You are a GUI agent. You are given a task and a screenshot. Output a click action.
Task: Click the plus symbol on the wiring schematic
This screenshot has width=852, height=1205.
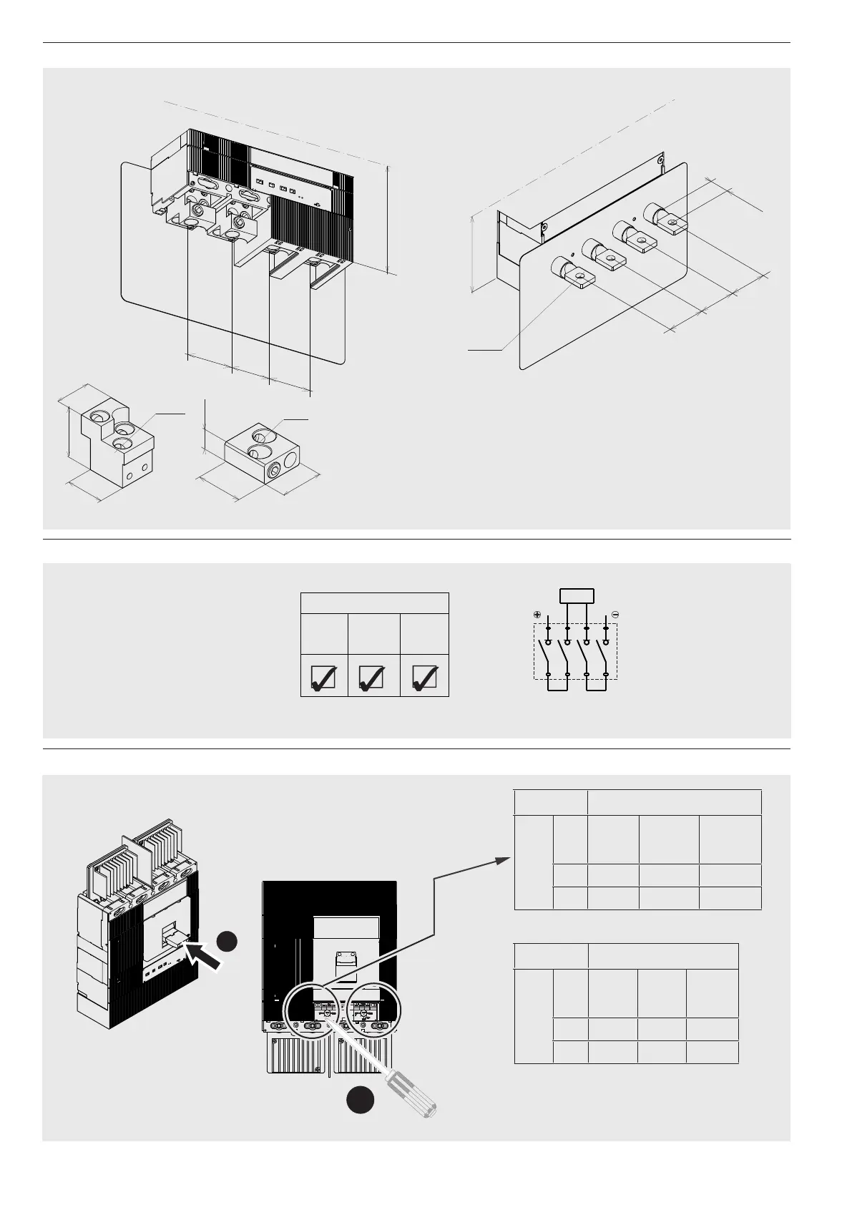point(537,615)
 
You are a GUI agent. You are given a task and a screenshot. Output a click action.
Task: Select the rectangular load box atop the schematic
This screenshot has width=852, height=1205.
point(577,595)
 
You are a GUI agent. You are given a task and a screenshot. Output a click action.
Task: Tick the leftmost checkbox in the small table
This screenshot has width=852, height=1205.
point(323,677)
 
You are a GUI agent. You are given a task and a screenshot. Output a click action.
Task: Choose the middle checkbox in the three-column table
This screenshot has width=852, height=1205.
point(372,677)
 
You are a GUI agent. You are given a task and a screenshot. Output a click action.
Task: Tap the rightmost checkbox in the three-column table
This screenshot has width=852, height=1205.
point(424,677)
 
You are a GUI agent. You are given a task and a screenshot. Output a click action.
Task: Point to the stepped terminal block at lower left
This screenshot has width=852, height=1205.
point(112,444)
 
